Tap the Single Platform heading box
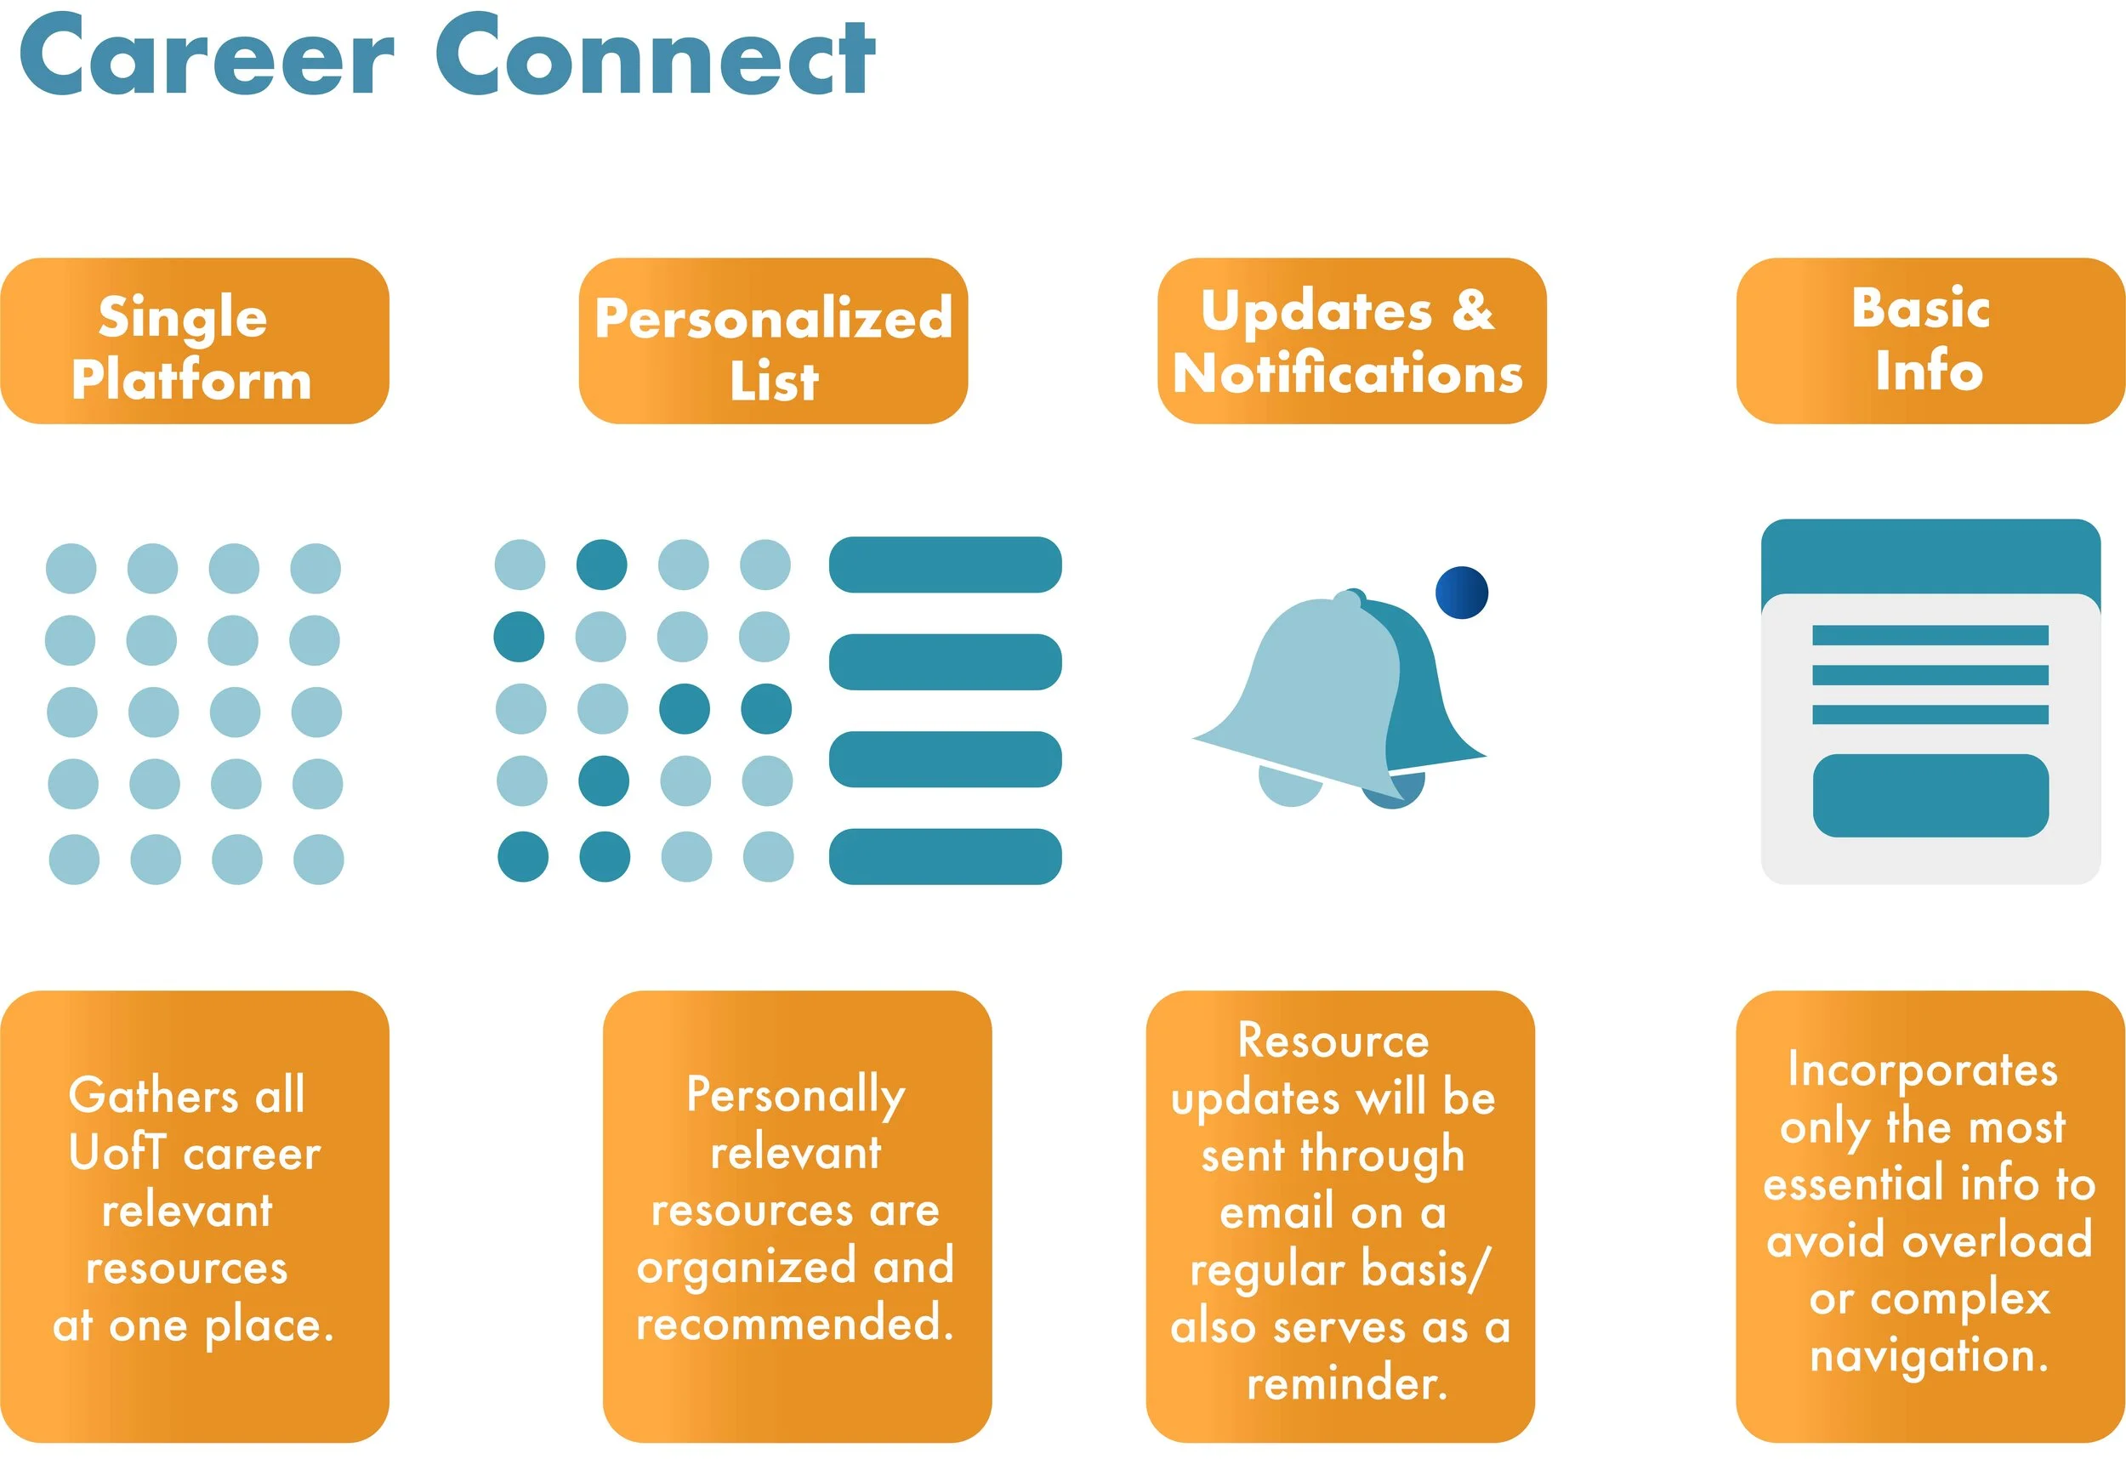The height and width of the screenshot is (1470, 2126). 195,341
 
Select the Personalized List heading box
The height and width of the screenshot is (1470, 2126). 773,341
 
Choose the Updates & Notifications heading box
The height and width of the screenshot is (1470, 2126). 1351,341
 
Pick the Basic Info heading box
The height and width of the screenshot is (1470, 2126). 1930,341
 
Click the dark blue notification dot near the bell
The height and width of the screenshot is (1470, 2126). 1461,593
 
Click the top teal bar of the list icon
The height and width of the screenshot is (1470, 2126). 945,565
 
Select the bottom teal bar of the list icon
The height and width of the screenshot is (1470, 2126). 945,857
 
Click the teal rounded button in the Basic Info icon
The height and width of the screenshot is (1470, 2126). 1930,796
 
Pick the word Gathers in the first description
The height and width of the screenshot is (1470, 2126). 154,1095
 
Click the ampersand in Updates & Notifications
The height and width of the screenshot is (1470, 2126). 1473,309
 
